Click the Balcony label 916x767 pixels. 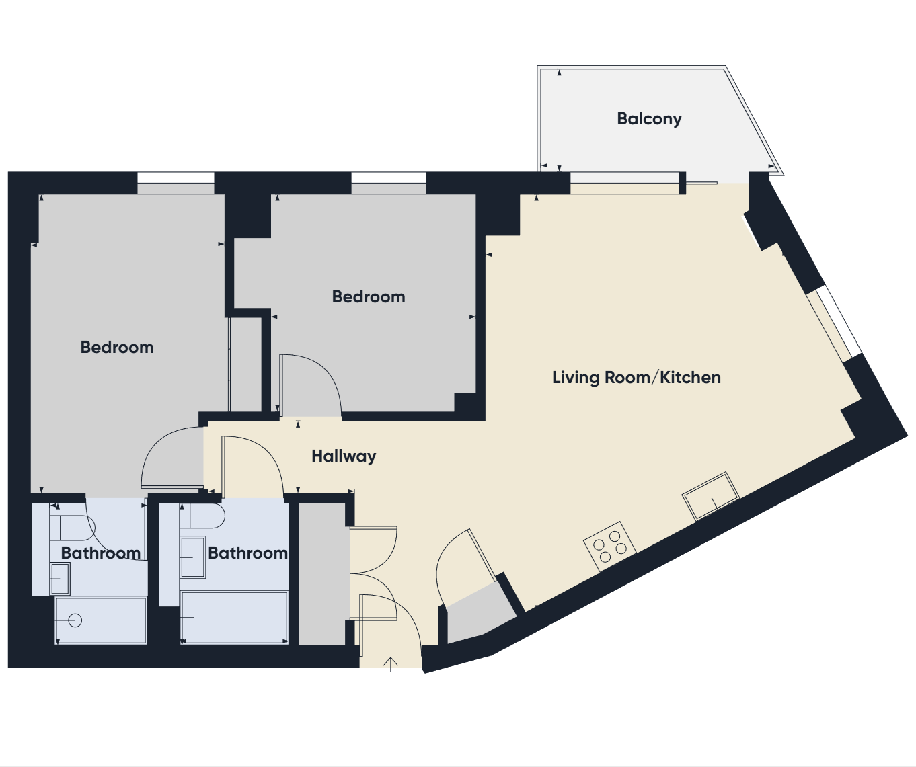point(649,119)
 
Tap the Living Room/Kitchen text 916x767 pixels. point(636,378)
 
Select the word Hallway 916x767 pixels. point(344,456)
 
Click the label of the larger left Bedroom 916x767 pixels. point(117,348)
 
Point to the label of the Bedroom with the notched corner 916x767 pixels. point(369,297)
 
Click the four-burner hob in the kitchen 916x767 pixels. point(610,546)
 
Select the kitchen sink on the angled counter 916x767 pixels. point(711,496)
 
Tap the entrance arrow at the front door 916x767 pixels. point(391,664)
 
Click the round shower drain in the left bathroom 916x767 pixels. point(75,620)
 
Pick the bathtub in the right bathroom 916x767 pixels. point(234,618)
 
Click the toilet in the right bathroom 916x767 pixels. point(202,516)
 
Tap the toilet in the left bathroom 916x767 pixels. point(72,528)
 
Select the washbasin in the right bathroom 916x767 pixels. point(193,557)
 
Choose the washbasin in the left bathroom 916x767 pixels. point(60,578)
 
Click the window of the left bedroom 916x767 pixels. point(176,183)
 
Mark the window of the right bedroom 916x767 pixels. point(389,183)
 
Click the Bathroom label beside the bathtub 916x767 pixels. point(248,553)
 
